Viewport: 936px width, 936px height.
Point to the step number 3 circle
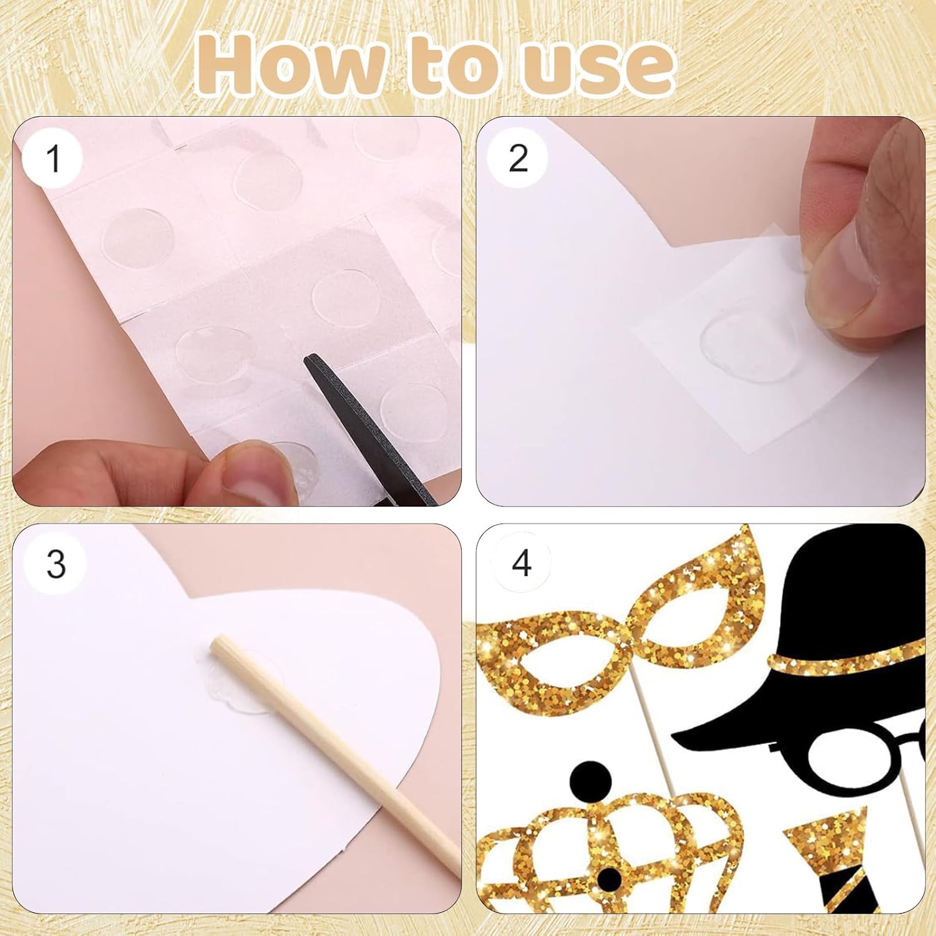(x=56, y=563)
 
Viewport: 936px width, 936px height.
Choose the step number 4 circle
(x=520, y=563)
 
